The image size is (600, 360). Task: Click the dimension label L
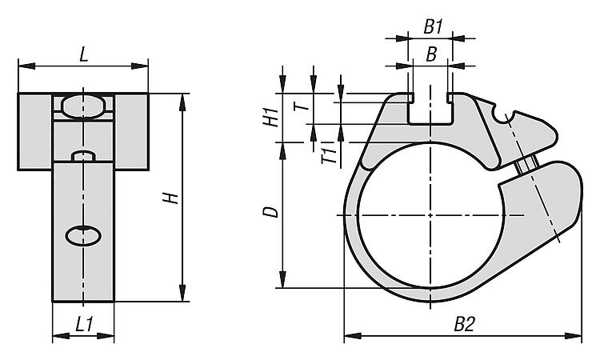(84, 54)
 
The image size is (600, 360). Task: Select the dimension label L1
(84, 325)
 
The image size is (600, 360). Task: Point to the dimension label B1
(433, 27)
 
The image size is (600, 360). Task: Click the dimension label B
(431, 54)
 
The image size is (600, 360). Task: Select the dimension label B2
(464, 325)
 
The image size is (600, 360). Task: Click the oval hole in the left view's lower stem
(83, 236)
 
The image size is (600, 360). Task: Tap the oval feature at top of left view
(83, 106)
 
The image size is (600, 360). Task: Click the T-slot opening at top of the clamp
(430, 109)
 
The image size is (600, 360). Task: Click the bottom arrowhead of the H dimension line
(182, 293)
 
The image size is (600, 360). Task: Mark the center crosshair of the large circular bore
(430, 215)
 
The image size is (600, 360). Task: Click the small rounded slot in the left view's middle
(83, 156)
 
